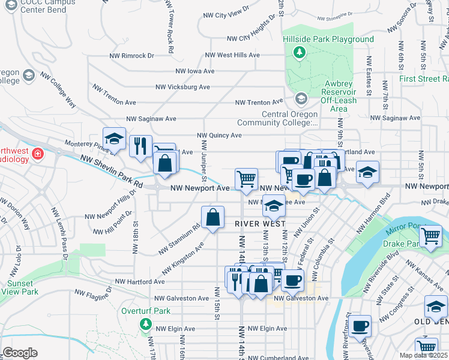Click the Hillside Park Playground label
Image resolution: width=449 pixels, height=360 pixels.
[x=328, y=40]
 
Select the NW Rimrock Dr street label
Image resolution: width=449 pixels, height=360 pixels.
[x=131, y=55]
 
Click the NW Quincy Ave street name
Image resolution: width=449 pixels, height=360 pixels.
[x=219, y=136]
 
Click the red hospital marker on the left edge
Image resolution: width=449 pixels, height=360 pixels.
[x=37, y=155]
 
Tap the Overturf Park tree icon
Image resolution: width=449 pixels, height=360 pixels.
[x=145, y=324]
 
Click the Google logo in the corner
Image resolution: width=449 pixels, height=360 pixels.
[x=20, y=353]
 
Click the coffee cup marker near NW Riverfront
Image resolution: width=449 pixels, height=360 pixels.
[x=360, y=326]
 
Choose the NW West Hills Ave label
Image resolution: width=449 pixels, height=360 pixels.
[x=232, y=55]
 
